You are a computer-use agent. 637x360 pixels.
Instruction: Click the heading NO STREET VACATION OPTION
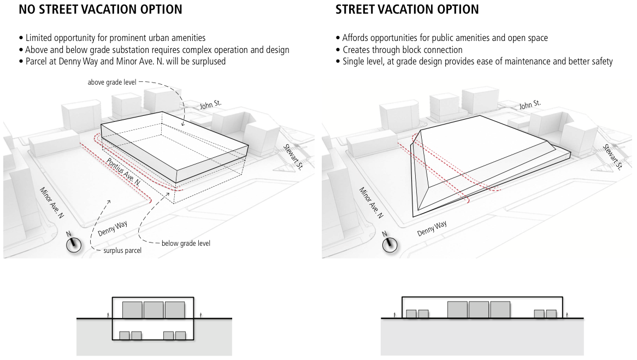point(101,10)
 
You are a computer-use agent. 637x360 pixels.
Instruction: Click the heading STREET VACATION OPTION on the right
point(407,10)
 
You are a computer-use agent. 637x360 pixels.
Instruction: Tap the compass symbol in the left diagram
point(74,244)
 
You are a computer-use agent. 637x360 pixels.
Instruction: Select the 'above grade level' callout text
point(111,82)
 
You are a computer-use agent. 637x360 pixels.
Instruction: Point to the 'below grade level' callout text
point(186,243)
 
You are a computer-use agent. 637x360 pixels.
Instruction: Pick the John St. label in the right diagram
point(529,104)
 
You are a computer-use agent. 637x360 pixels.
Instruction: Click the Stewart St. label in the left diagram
point(293,157)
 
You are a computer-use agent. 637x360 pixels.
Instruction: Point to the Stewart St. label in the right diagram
point(612,157)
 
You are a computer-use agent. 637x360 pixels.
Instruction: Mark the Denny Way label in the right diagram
point(432,228)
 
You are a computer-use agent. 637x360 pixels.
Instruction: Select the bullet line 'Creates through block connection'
point(402,50)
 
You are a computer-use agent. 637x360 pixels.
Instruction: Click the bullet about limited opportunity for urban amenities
point(115,38)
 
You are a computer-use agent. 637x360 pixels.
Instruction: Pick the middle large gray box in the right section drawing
point(479,310)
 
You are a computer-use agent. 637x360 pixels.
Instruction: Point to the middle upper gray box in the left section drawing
point(154,310)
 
